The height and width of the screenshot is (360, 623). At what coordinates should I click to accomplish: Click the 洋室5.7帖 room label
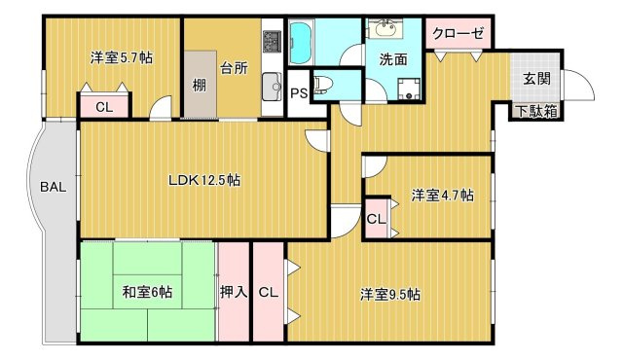pos(122,57)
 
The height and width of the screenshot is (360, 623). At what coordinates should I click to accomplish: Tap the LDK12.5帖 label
pos(204,180)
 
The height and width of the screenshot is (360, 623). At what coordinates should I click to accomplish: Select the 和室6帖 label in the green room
pos(147,291)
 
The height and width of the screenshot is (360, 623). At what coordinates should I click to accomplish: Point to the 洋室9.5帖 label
pos(389,293)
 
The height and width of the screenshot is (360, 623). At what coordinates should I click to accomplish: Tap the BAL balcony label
pos(54,187)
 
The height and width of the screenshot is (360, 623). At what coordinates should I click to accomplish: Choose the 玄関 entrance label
pos(537,79)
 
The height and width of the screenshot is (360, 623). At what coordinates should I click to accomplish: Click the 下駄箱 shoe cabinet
pos(537,110)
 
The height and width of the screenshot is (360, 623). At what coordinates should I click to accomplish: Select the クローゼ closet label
pos(458,31)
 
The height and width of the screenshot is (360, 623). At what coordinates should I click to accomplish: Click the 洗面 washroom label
pos(394,59)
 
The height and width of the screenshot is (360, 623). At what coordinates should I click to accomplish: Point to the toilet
pos(325,87)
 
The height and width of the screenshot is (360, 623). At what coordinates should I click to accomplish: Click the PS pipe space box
pos(298,92)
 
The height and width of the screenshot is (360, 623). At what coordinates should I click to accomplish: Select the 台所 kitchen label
pos(234,68)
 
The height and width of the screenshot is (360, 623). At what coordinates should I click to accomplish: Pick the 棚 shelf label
pos(199,86)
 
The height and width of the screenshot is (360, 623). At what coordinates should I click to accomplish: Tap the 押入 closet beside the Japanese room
pos(234,291)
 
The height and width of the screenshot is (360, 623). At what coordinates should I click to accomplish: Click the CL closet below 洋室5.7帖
pos(103,107)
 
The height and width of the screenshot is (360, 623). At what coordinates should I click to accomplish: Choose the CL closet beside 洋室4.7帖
pos(376,218)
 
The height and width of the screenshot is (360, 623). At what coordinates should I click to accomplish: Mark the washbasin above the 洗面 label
pos(395,26)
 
